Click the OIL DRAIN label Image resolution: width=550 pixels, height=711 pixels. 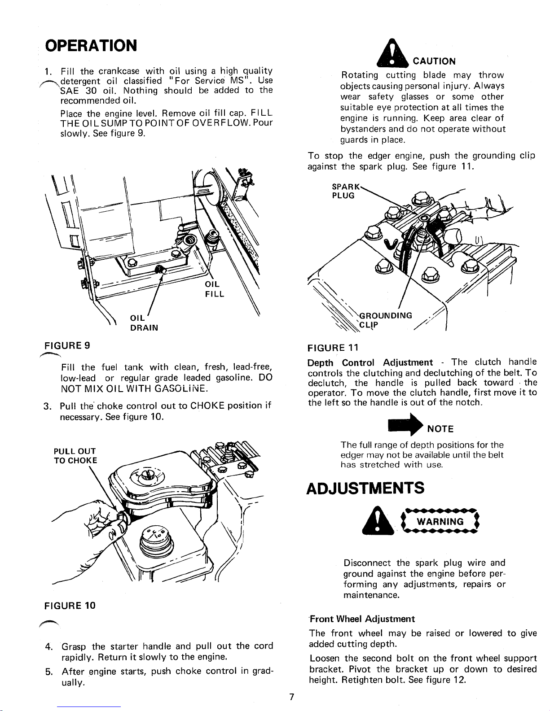point(143,323)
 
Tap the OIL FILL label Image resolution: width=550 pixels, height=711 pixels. point(214,290)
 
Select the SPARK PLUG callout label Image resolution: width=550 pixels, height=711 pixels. point(344,191)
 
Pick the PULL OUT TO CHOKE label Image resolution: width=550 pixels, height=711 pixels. point(75,455)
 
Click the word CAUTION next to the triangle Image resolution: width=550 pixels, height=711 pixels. point(434,61)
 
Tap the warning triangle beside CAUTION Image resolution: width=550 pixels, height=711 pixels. point(392,54)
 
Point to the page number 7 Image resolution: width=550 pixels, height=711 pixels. point(291,697)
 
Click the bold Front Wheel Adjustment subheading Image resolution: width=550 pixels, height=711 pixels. point(362,619)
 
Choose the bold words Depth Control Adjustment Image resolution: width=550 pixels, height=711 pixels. point(370,362)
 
